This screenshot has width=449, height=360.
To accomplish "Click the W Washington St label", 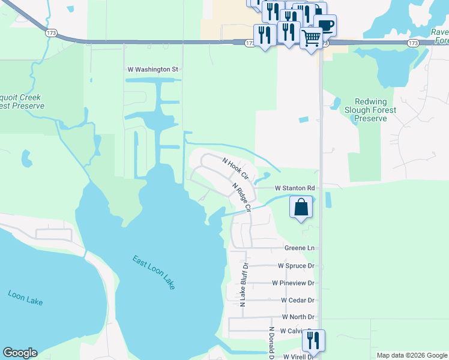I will point(153,70).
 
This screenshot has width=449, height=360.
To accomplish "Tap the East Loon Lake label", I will point(154,272).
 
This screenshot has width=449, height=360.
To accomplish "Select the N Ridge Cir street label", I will point(241,197).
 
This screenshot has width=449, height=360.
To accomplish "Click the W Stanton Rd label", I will point(295,188).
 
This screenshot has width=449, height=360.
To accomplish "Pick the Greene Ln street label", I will point(299,248).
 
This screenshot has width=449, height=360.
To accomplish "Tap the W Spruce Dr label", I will point(296,265).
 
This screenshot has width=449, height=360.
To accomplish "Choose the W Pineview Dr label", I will point(293,283).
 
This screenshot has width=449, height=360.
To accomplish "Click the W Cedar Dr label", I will point(298,300).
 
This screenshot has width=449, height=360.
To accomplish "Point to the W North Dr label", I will point(298,317).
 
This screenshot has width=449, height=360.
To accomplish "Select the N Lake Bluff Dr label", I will point(244,284).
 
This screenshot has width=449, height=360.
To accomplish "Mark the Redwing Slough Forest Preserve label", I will point(370,110).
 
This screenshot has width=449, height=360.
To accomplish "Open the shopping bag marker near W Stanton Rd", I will point(301,208).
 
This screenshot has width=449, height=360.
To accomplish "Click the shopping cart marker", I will point(311,38).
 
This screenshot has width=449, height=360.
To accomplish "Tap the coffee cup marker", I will point(325,25).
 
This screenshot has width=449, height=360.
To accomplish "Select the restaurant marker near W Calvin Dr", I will point(313,340).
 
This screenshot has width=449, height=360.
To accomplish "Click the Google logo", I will point(20,353).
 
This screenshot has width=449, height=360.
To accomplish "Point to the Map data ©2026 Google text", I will point(411,355).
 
